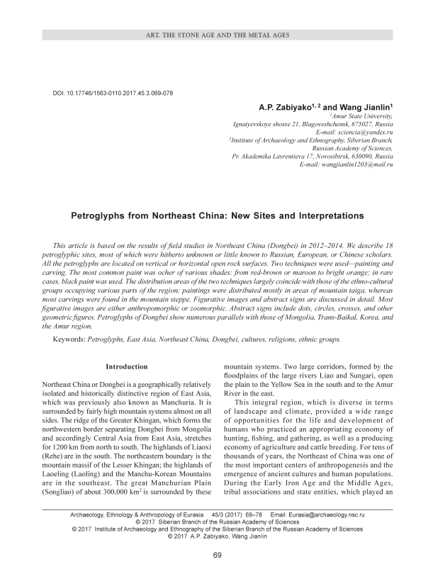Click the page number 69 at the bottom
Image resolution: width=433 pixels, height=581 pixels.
coord(217,554)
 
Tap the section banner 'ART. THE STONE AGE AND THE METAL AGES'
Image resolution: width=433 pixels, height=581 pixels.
coord(217,35)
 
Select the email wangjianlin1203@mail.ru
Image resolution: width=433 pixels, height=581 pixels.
coord(358,164)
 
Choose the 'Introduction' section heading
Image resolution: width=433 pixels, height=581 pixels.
coord(126,366)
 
